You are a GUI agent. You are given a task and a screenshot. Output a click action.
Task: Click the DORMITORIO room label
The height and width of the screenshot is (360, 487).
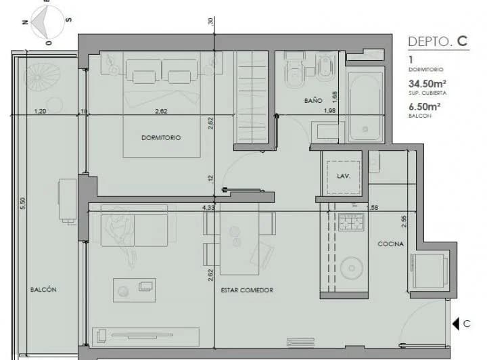161,137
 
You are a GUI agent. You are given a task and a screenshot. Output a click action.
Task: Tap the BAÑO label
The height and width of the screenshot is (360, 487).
312,100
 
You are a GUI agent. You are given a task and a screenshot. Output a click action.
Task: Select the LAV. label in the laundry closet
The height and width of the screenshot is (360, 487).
342,175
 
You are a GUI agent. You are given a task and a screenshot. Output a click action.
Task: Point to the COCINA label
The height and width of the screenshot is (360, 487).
390,244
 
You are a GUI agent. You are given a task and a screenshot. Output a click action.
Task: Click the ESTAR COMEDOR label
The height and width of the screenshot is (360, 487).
247,290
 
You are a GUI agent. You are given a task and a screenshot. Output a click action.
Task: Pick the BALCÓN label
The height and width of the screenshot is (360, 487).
43,289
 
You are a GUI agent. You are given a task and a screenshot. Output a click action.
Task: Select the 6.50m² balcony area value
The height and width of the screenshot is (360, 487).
425,106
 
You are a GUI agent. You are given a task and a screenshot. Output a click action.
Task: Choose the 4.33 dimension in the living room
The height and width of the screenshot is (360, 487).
208,208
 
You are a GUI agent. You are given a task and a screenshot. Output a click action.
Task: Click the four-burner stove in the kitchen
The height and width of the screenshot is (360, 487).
351,221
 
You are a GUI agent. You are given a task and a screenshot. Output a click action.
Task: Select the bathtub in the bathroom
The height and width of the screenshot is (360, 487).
366,105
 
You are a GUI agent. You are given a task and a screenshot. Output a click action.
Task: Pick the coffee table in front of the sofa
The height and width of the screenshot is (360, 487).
134,288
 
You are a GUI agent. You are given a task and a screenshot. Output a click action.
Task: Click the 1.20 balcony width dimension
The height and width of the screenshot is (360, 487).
41,112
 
